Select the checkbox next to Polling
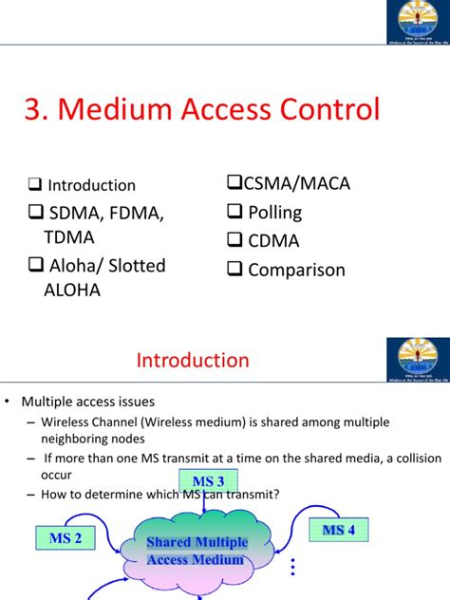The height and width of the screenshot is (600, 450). point(233,213)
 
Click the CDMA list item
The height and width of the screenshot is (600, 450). point(273,241)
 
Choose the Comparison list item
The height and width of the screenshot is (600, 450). point(296,270)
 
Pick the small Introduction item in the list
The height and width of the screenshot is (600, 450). point(91,186)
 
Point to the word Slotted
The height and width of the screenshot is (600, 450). point(134,266)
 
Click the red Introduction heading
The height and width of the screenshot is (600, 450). point(193,361)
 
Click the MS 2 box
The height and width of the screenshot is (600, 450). point(65,538)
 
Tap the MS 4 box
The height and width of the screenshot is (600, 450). point(339,530)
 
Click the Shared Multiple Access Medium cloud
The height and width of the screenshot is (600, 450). point(197,551)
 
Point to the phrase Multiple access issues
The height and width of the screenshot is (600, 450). point(102,402)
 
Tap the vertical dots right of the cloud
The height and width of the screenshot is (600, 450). point(293,566)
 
